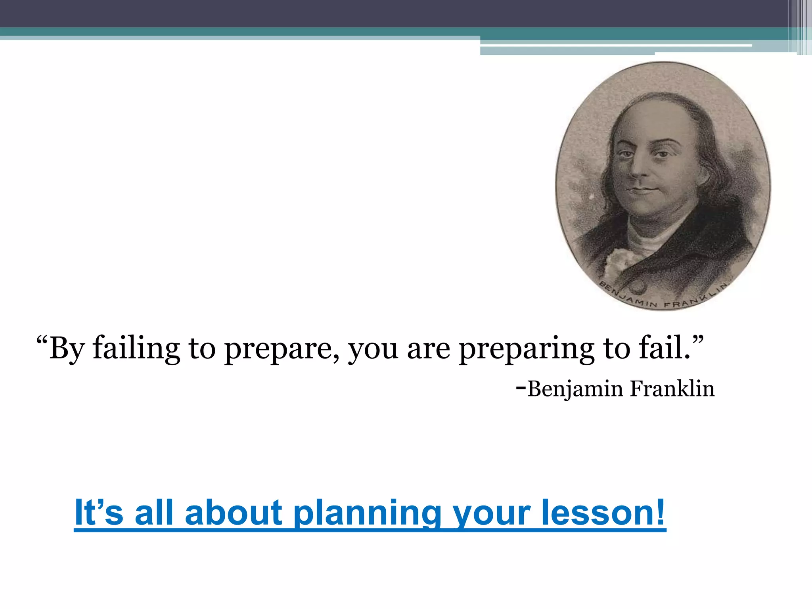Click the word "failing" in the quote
(136, 348)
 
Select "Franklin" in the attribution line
(672, 388)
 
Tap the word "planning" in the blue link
(367, 513)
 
